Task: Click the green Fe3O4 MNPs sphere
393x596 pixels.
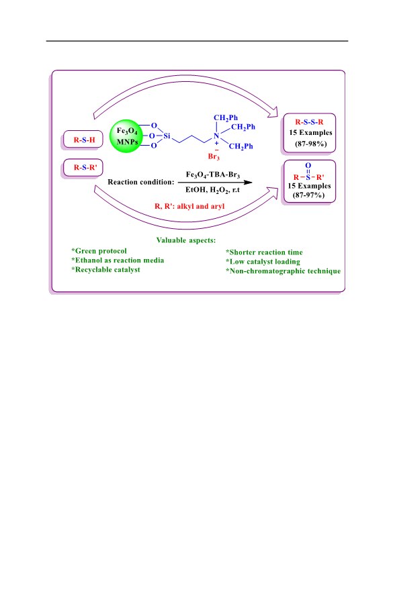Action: pyautogui.click(x=126, y=136)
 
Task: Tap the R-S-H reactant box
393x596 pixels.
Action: pyautogui.click(x=83, y=140)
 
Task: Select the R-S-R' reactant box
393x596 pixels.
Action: pyautogui.click(x=83, y=168)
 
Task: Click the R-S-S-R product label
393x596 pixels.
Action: pyautogui.click(x=309, y=122)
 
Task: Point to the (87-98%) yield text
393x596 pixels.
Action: pyautogui.click(x=311, y=144)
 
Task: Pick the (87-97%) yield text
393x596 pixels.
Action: pyautogui.click(x=308, y=195)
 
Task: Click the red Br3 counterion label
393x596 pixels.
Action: pyautogui.click(x=214, y=156)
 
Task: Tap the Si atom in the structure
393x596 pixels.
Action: pyautogui.click(x=167, y=136)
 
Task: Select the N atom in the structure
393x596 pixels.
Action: pyautogui.click(x=216, y=136)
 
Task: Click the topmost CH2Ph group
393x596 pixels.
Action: pyautogui.click(x=226, y=118)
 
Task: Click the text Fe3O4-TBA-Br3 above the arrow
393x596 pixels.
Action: pyautogui.click(x=213, y=175)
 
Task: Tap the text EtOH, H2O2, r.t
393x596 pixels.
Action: pyautogui.click(x=213, y=190)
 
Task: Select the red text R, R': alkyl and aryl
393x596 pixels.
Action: pyautogui.click(x=189, y=206)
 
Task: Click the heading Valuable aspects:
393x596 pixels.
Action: pyautogui.click(x=186, y=240)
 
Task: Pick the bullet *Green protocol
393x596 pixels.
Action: pyautogui.click(x=99, y=251)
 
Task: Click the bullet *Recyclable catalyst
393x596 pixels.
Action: pyautogui.click(x=105, y=270)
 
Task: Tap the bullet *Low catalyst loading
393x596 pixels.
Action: pyautogui.click(x=263, y=262)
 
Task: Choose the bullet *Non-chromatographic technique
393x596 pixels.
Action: pyautogui.click(x=283, y=271)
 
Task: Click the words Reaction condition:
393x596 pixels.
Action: pyautogui.click(x=141, y=182)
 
